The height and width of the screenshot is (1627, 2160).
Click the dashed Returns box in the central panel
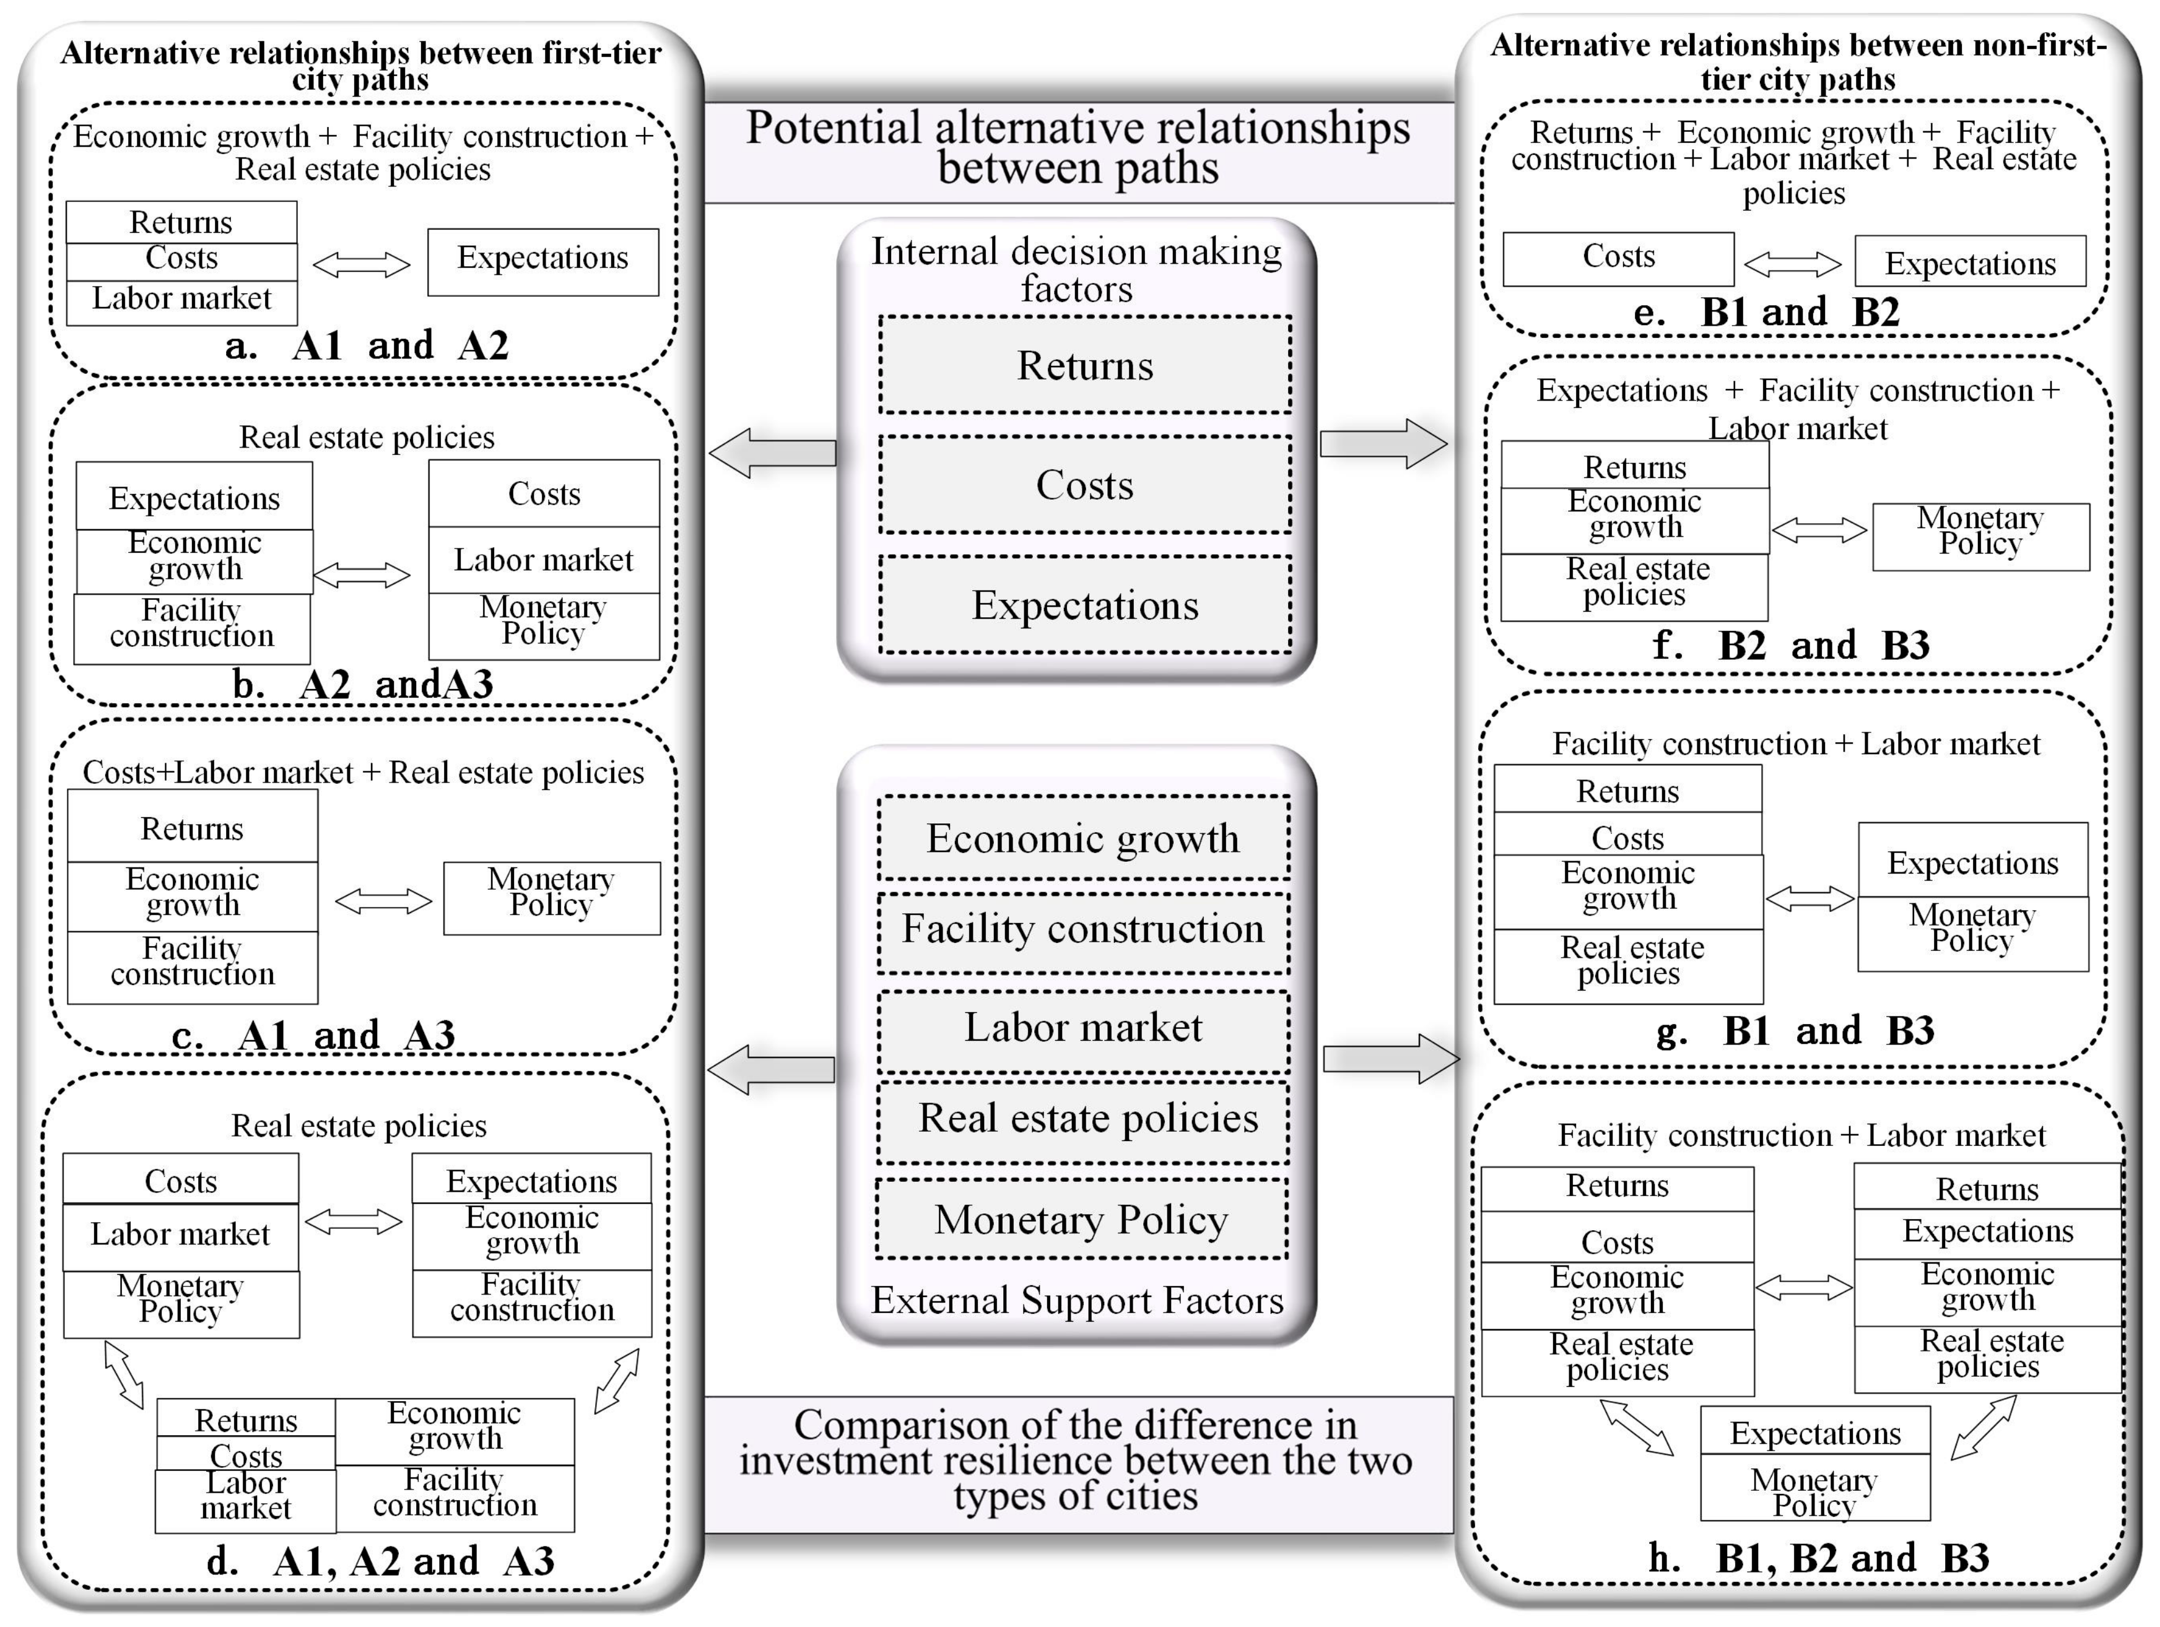(1085, 365)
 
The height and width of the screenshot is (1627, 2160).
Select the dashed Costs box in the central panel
(1085, 485)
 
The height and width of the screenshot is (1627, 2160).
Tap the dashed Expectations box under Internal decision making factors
(1085, 605)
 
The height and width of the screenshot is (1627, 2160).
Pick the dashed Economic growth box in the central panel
(1083, 838)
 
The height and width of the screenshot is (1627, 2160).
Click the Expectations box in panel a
(543, 261)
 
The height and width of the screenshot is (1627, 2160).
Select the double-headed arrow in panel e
(1793, 262)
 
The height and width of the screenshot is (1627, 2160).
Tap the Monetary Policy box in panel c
(552, 897)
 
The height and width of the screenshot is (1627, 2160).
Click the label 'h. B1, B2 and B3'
(1818, 1558)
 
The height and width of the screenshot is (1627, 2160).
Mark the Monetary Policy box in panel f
(1980, 536)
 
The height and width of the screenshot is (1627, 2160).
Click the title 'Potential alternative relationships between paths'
(1078, 149)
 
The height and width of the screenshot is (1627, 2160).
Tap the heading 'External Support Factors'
(1077, 1300)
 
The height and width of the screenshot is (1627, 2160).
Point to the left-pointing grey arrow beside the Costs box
(772, 453)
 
